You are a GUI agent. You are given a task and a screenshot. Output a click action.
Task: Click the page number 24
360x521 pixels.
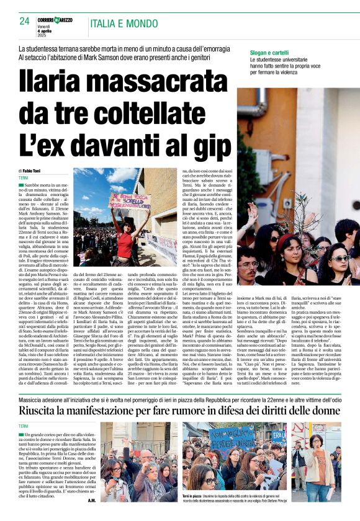24,20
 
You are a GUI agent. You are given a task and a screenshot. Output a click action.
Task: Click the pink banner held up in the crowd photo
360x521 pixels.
129,200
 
